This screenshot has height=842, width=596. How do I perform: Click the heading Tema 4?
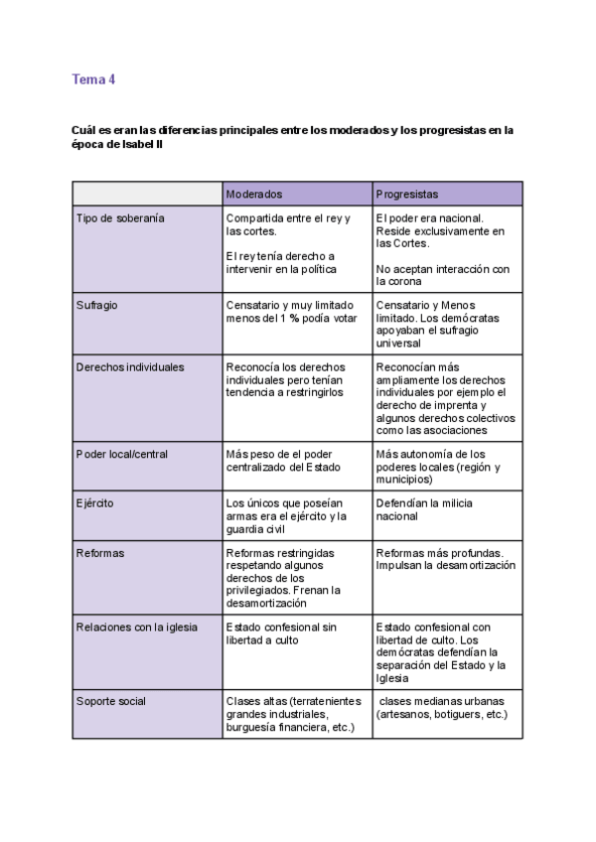coord(93,79)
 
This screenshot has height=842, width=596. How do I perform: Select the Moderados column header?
coord(254,194)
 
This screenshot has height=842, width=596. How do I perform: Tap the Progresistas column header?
coord(407,194)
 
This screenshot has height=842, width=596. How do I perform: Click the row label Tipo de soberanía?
coord(120,217)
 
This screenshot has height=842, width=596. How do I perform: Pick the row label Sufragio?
coord(96,305)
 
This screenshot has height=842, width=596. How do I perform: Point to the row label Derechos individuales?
coord(130,366)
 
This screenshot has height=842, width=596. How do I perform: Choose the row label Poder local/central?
coord(122,454)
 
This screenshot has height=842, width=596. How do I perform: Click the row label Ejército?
coord(94,503)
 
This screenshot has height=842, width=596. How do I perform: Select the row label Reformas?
coord(100,552)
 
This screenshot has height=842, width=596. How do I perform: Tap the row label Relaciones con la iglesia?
coord(137,627)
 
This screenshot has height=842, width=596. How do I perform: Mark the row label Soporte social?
coord(111,701)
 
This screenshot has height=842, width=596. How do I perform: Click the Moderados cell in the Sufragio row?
coord(291,312)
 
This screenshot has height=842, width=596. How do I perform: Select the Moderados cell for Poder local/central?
coord(291,461)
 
